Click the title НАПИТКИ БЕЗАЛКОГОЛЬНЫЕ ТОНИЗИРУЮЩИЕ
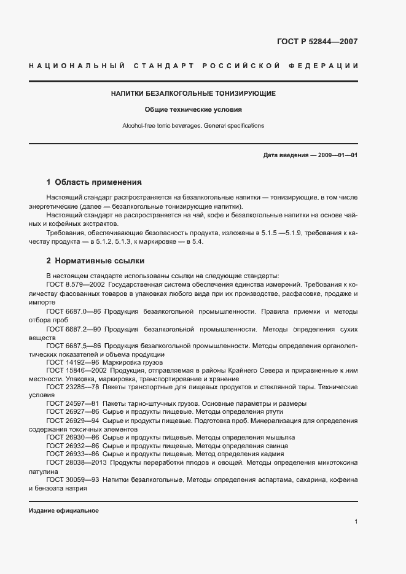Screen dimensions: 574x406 (193, 94)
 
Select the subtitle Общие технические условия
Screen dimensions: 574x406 (193, 110)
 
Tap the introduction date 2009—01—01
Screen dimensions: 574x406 (337, 155)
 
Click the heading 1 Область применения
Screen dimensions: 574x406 (94, 182)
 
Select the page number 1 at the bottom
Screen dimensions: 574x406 (356, 522)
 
